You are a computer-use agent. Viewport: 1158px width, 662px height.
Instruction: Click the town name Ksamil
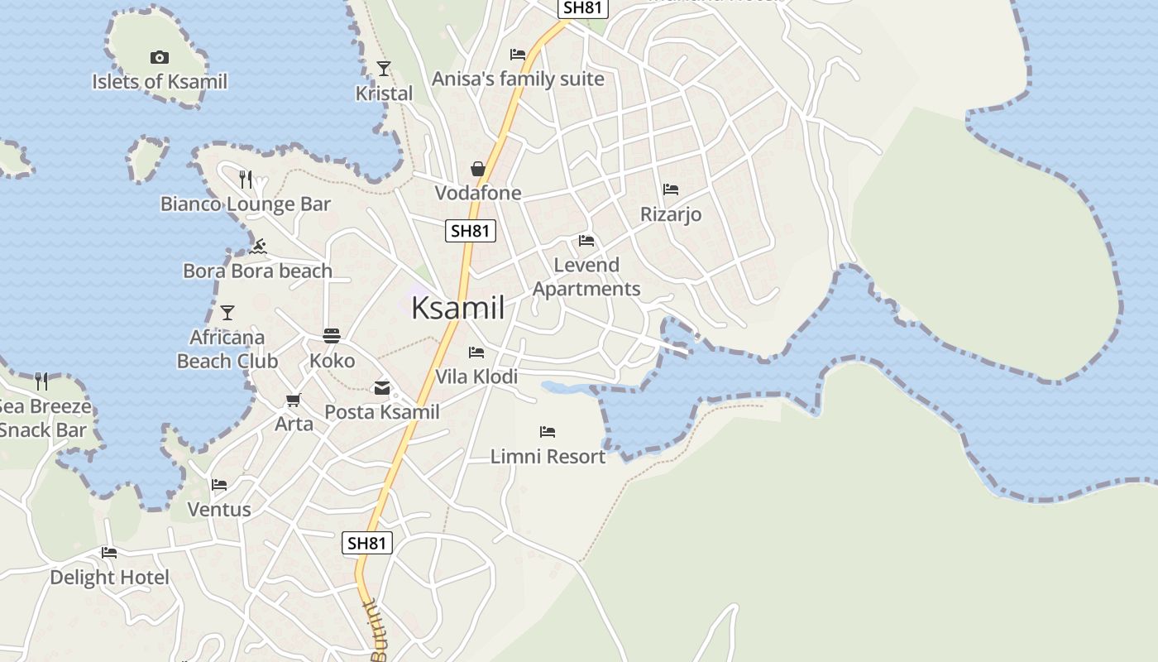point(457,308)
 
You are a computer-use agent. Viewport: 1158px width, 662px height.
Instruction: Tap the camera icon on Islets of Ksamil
point(160,57)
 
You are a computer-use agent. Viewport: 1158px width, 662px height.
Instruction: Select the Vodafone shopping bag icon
point(478,169)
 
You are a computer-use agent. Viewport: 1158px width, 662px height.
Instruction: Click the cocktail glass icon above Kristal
point(384,68)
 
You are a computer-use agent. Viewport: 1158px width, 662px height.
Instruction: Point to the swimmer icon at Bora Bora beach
point(259,246)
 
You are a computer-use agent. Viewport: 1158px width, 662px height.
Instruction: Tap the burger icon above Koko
point(332,336)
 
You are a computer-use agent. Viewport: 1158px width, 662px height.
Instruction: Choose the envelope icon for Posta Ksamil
point(381,387)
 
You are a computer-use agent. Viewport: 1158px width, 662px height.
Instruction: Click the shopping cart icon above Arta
point(293,401)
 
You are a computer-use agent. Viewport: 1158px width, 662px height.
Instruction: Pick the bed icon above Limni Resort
point(548,432)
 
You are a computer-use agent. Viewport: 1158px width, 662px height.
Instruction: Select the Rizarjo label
point(671,214)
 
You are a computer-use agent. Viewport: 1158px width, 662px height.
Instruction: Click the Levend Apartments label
point(586,276)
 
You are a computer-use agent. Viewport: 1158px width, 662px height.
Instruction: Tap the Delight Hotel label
point(109,577)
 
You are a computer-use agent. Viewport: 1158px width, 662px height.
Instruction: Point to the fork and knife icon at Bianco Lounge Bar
point(245,179)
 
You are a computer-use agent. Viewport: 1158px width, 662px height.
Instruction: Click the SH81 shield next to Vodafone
point(471,231)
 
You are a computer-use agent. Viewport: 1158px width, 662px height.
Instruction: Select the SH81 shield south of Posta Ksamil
point(366,543)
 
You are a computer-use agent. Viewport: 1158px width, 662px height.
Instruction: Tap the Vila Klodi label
point(476,377)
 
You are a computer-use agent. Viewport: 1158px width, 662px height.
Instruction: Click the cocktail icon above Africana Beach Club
point(227,312)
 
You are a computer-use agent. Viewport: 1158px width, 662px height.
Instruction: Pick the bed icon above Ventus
point(219,485)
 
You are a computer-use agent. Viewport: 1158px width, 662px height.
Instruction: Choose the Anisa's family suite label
point(518,79)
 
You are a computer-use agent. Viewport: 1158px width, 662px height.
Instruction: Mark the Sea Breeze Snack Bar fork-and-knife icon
point(41,381)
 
